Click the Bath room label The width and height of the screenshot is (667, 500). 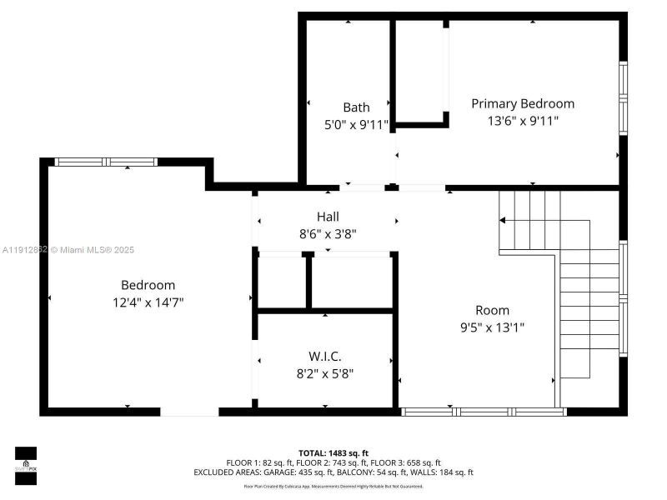[x=356, y=107]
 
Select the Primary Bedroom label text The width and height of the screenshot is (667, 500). [x=523, y=104]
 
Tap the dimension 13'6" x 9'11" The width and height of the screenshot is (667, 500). [x=523, y=121]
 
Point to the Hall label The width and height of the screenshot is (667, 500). [x=328, y=217]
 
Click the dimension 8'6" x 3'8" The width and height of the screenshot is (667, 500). [x=328, y=234]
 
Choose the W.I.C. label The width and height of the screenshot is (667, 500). [x=325, y=357]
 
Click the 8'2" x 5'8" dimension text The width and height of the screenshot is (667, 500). [x=325, y=373]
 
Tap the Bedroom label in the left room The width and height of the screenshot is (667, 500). [x=148, y=285]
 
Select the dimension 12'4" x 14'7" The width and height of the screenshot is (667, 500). [x=148, y=302]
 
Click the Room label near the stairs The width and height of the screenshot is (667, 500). [x=492, y=311]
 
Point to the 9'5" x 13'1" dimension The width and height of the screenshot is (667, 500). [x=492, y=327]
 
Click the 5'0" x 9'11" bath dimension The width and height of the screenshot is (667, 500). [x=356, y=124]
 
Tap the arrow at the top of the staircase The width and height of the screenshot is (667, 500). [x=504, y=221]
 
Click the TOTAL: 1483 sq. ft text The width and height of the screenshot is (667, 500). [x=333, y=452]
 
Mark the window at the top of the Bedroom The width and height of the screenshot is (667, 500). [x=105, y=162]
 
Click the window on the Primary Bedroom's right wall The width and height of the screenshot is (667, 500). [x=623, y=98]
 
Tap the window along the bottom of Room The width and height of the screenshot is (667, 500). [x=484, y=412]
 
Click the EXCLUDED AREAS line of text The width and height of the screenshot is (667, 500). [x=333, y=472]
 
